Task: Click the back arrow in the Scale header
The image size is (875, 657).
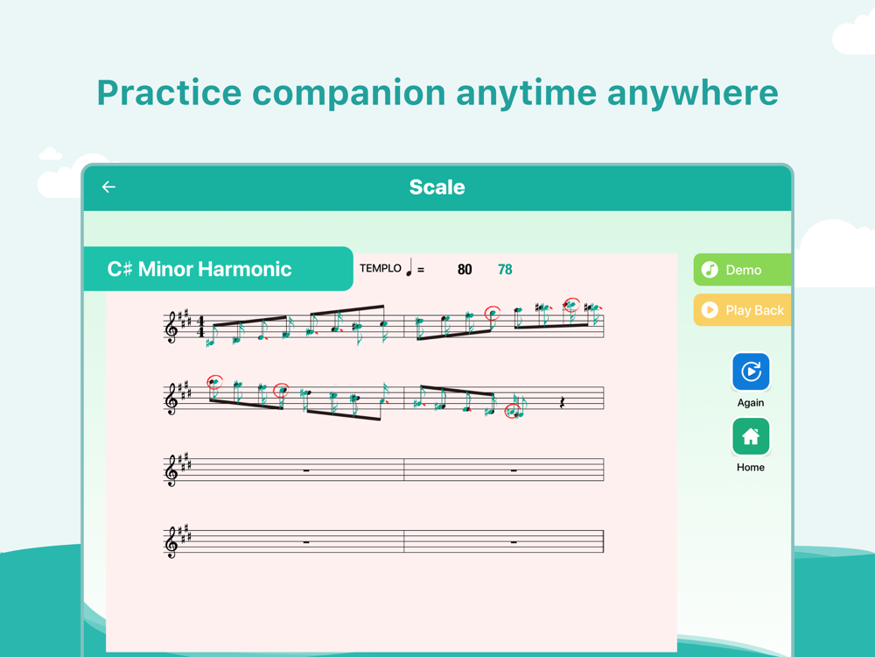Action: click(108, 187)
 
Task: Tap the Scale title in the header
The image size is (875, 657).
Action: click(437, 187)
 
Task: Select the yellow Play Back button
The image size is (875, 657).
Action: click(742, 310)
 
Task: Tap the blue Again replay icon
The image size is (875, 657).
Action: click(751, 371)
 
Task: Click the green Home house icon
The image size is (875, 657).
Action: click(751, 436)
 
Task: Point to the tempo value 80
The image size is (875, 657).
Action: click(465, 270)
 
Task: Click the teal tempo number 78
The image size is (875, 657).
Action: click(505, 270)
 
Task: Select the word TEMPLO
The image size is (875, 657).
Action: click(380, 268)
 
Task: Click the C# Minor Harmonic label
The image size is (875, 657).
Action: click(199, 269)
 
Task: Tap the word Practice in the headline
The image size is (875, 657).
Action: click(169, 93)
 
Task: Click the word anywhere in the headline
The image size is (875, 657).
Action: click(692, 93)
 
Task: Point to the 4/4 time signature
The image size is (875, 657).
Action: click(201, 327)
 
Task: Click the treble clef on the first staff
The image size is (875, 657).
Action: click(171, 327)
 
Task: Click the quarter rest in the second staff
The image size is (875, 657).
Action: click(563, 402)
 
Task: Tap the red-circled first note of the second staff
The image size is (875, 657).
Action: click(214, 383)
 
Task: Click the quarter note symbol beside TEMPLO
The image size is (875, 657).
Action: click(409, 267)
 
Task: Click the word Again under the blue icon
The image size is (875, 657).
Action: click(751, 403)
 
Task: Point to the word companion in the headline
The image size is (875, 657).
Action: click(349, 93)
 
